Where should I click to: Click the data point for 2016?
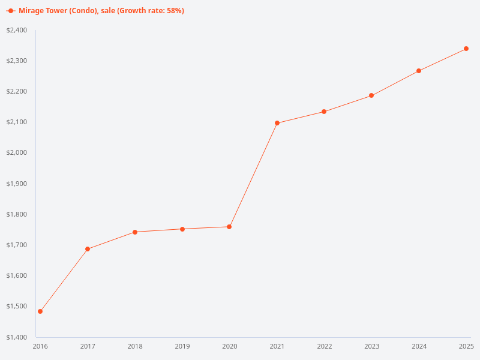40,311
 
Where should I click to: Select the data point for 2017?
88,249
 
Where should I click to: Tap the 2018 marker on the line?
135,232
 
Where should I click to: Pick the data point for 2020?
229,227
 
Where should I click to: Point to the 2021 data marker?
277,123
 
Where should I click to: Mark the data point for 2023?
371,95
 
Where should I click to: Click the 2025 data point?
466,49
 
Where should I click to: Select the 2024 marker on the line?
419,71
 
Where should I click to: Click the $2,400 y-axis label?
17,30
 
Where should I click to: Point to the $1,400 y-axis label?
17,337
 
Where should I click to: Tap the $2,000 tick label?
17,153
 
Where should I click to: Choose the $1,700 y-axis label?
17,245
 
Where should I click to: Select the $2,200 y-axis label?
17,92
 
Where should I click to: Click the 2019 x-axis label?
182,346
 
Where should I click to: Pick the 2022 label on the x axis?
325,346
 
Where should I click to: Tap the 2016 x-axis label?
40,346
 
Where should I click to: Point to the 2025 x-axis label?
466,346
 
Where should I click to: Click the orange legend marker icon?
11,11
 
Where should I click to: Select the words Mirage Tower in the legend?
43,11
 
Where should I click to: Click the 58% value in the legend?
174,11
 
